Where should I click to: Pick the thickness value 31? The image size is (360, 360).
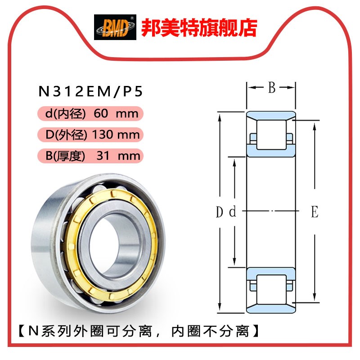(x=103, y=156)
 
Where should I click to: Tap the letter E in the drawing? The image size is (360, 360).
(x=315, y=211)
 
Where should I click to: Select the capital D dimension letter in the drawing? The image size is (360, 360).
(x=219, y=211)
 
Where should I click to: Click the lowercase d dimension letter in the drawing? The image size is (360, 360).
(x=233, y=212)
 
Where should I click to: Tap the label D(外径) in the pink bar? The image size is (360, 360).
(x=66, y=134)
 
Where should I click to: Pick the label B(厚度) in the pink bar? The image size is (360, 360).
(x=65, y=156)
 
